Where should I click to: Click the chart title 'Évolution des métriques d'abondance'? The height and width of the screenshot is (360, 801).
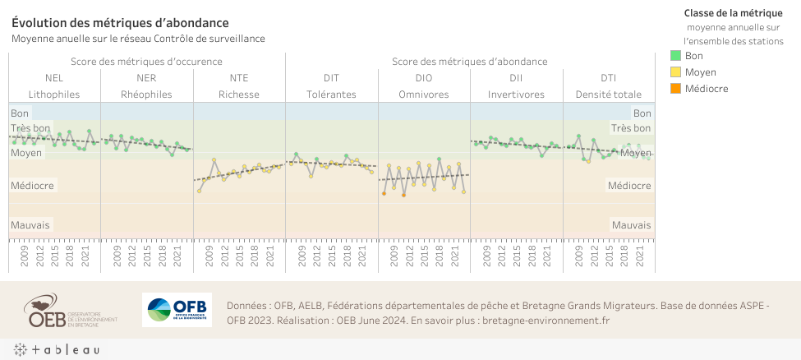(120, 23)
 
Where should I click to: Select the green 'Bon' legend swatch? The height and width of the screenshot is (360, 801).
(676, 56)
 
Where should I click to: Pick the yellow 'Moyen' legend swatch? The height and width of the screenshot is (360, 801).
(676, 72)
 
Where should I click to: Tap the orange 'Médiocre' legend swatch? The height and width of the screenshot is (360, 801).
(676, 89)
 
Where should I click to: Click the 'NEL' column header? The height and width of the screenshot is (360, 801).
(54, 78)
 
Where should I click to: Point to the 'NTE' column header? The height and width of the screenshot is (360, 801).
(239, 78)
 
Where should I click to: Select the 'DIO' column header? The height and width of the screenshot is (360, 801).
(424, 78)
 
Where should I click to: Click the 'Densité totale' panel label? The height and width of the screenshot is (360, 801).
(609, 95)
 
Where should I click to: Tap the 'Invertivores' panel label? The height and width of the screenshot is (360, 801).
(516, 95)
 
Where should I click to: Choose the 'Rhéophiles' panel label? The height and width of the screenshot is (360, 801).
(146, 95)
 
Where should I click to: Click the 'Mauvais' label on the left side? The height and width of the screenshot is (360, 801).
(30, 224)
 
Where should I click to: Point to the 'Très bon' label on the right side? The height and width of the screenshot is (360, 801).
(631, 128)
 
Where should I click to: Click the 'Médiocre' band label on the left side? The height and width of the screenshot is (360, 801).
(32, 186)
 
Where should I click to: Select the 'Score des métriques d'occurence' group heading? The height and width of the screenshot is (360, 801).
(146, 62)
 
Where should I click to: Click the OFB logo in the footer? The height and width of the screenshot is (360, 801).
(177, 310)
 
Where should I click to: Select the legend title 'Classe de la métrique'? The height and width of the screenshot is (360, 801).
(733, 12)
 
